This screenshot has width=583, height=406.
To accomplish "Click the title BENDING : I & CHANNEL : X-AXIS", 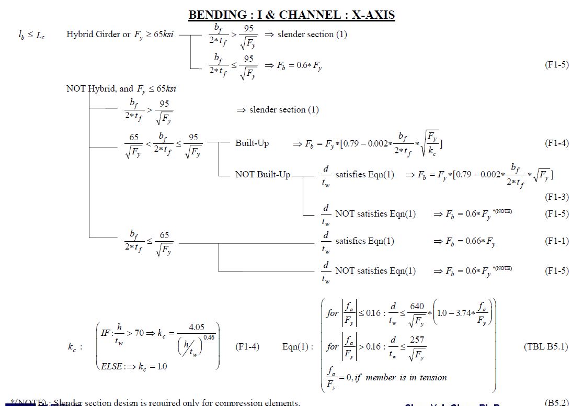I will point(291,15).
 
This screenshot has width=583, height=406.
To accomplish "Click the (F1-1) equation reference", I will point(556,241).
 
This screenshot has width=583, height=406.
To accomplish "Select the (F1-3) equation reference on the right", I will point(556,197).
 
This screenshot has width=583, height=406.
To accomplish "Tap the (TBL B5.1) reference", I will point(545,346).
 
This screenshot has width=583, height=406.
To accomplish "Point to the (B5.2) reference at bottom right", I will point(556,402).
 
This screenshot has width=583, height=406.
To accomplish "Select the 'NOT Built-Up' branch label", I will point(262,174).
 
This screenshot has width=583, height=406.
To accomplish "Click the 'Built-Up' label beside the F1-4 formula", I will point(252,143).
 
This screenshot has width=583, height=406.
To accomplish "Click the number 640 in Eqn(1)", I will point(417,306).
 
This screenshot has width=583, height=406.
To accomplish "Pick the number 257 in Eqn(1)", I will point(417,340).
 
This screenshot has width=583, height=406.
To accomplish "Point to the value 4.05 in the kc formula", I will point(197,328).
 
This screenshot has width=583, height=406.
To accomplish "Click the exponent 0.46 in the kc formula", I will point(209,337).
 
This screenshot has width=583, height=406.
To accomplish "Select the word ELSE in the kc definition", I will point(112,366).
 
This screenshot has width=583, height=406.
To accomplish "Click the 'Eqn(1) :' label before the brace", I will point(298,346).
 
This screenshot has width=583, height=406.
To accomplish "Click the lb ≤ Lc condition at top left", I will point(31,36).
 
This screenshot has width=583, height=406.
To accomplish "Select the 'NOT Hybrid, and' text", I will point(99,89).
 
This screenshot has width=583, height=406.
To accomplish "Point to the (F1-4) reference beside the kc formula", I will point(247,346).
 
